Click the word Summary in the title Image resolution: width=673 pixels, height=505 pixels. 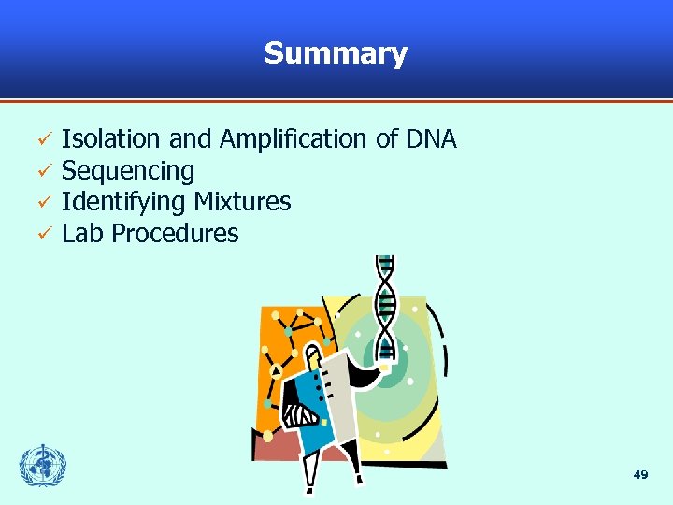[336, 53]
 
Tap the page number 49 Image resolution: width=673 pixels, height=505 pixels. [640, 475]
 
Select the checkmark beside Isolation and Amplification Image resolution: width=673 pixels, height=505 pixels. [43, 140]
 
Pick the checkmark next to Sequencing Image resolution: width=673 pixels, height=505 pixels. [43, 172]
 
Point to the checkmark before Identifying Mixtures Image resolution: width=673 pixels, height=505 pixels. [43, 203]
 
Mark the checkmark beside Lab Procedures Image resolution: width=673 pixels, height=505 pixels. [43, 235]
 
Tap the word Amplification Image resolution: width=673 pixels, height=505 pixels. [294, 139]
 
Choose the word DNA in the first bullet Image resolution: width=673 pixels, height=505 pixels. [431, 139]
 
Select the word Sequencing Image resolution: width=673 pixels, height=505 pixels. [128, 171]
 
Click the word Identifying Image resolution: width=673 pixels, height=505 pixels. [124, 202]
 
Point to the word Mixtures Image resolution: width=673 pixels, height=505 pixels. [242, 202]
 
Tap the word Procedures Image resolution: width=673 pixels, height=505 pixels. [175, 233]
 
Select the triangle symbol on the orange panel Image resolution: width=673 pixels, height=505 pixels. [276, 370]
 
